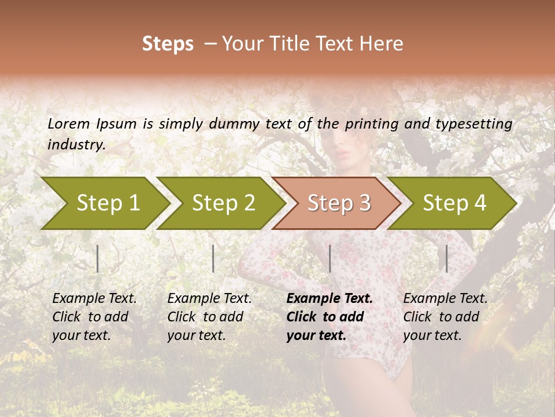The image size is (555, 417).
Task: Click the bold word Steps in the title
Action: click(168, 44)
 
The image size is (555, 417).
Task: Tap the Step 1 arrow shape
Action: click(104, 203)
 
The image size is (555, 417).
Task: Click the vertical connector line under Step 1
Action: click(98, 258)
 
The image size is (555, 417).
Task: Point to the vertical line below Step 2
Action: click(213, 258)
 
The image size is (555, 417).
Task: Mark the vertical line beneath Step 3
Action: click(330, 258)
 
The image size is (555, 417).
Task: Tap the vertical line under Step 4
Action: click(446, 258)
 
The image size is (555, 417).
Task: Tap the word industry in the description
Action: click(76, 145)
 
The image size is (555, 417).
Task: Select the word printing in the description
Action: click(371, 124)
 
